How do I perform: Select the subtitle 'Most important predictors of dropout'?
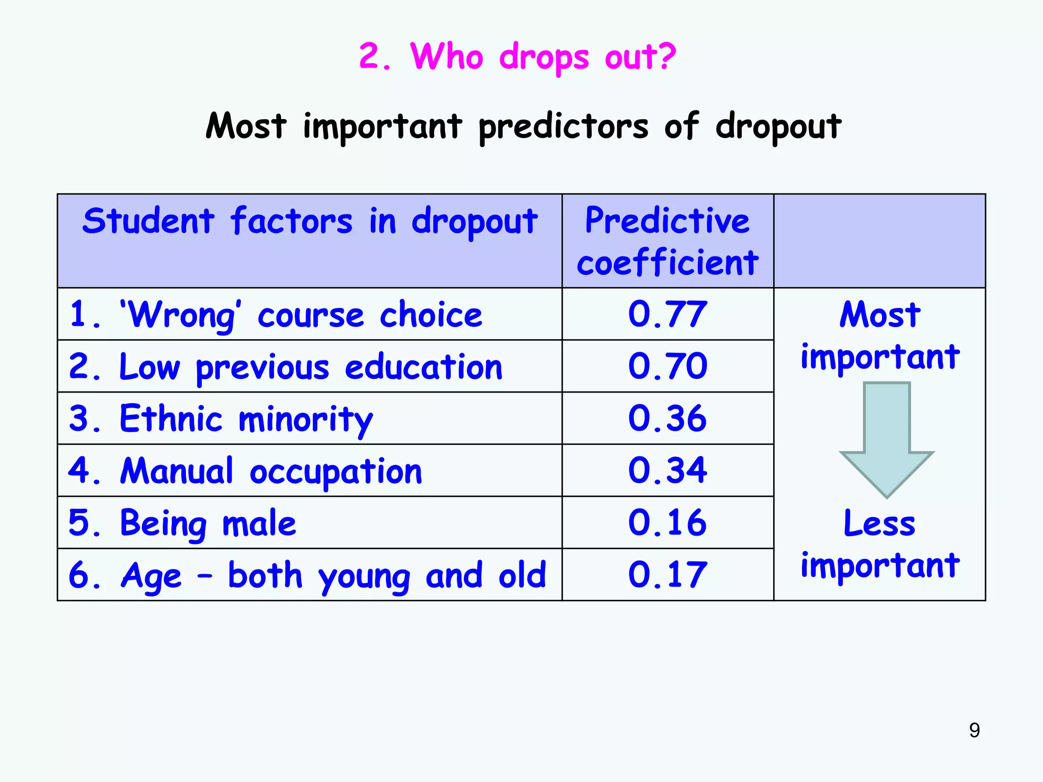(524, 126)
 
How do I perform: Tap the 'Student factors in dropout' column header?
(310, 222)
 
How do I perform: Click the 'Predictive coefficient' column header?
(667, 241)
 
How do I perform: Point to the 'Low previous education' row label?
(285, 367)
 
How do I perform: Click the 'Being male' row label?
(182, 523)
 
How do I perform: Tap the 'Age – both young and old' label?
(307, 575)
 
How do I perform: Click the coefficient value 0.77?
(667, 314)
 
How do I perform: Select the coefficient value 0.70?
(667, 366)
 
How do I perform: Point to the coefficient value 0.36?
(667, 418)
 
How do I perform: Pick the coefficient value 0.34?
(667, 470)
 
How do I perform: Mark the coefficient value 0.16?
(667, 523)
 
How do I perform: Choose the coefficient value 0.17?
(667, 575)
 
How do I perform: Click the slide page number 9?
(974, 730)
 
